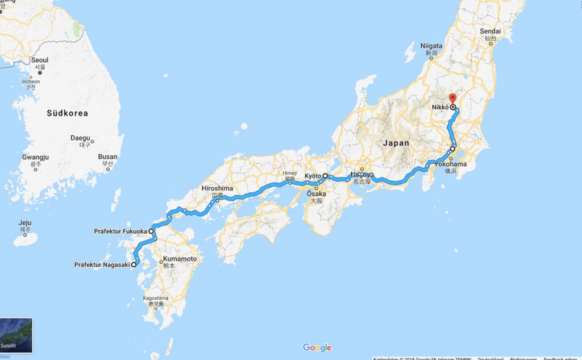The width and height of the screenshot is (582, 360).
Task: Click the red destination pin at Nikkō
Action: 452,98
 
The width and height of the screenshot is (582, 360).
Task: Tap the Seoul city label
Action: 40,60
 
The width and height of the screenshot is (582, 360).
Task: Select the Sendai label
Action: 490,32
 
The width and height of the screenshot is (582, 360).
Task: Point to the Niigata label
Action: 431,45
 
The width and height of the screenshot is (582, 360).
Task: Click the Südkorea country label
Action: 67,113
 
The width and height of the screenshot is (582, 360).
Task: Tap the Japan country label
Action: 396,143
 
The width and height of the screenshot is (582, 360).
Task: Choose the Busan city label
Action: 107,157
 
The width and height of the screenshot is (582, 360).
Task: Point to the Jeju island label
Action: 25,223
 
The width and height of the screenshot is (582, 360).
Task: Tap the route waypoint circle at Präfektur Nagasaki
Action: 134,264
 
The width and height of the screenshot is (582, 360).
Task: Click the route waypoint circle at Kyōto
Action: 325,176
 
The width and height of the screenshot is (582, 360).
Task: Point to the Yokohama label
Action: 451,164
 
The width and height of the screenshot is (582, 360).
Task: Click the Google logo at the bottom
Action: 317,348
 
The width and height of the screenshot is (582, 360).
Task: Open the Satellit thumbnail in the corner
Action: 16,336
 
